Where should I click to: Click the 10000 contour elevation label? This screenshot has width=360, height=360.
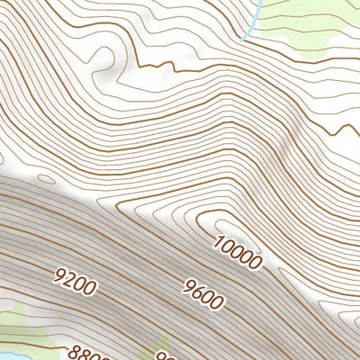click(x=238, y=253)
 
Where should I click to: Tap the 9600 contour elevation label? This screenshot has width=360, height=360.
click(x=202, y=293)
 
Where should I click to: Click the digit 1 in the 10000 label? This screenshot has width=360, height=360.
click(x=220, y=239)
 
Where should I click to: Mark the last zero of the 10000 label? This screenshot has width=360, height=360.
click(x=256, y=264)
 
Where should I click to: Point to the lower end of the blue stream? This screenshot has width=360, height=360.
click(x=245, y=38)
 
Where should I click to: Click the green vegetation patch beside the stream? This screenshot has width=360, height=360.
click(x=306, y=22)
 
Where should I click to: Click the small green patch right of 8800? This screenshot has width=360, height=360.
click(x=153, y=354)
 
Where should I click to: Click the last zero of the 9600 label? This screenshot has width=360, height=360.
click(x=216, y=301)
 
